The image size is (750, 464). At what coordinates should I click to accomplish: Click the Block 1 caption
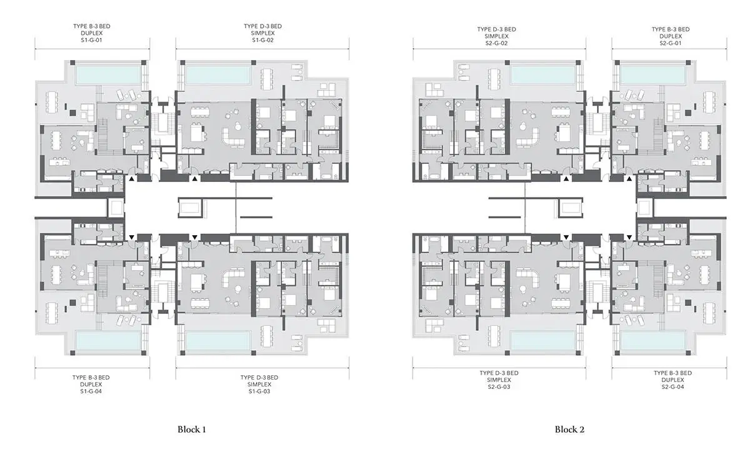coord(191,430)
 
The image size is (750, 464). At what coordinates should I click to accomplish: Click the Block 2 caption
coord(569,430)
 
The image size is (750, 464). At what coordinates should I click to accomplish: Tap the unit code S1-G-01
coord(91,40)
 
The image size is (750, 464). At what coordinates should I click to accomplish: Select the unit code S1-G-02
coord(263,40)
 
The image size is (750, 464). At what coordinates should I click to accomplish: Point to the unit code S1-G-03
coord(259,391)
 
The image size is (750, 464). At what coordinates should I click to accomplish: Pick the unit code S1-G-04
coord(91,391)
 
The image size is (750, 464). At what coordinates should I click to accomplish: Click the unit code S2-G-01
coord(671,43)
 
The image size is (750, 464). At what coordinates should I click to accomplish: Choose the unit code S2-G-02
coord(496,43)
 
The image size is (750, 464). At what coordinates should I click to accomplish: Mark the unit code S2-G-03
coord(499,387)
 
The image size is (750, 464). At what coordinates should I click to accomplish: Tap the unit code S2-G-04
coord(672,387)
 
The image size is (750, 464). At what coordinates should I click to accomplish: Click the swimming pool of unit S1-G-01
coord(109,74)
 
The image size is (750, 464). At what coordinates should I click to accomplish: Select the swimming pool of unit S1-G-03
coord(218,340)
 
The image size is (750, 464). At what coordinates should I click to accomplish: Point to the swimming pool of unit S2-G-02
coord(542,74)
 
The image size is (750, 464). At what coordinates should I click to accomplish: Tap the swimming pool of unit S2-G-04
coord(652,340)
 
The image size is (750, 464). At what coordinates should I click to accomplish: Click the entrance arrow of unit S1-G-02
coord(194,179)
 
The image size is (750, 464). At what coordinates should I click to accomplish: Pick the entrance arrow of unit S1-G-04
coord(132,237)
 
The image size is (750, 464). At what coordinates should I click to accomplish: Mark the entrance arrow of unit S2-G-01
coord(629,179)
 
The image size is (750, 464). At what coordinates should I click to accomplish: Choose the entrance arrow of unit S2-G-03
coord(566,237)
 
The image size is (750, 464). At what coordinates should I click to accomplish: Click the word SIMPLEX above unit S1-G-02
coord(263,33)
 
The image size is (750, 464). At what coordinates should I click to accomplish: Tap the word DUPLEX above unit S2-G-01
coord(671,36)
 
